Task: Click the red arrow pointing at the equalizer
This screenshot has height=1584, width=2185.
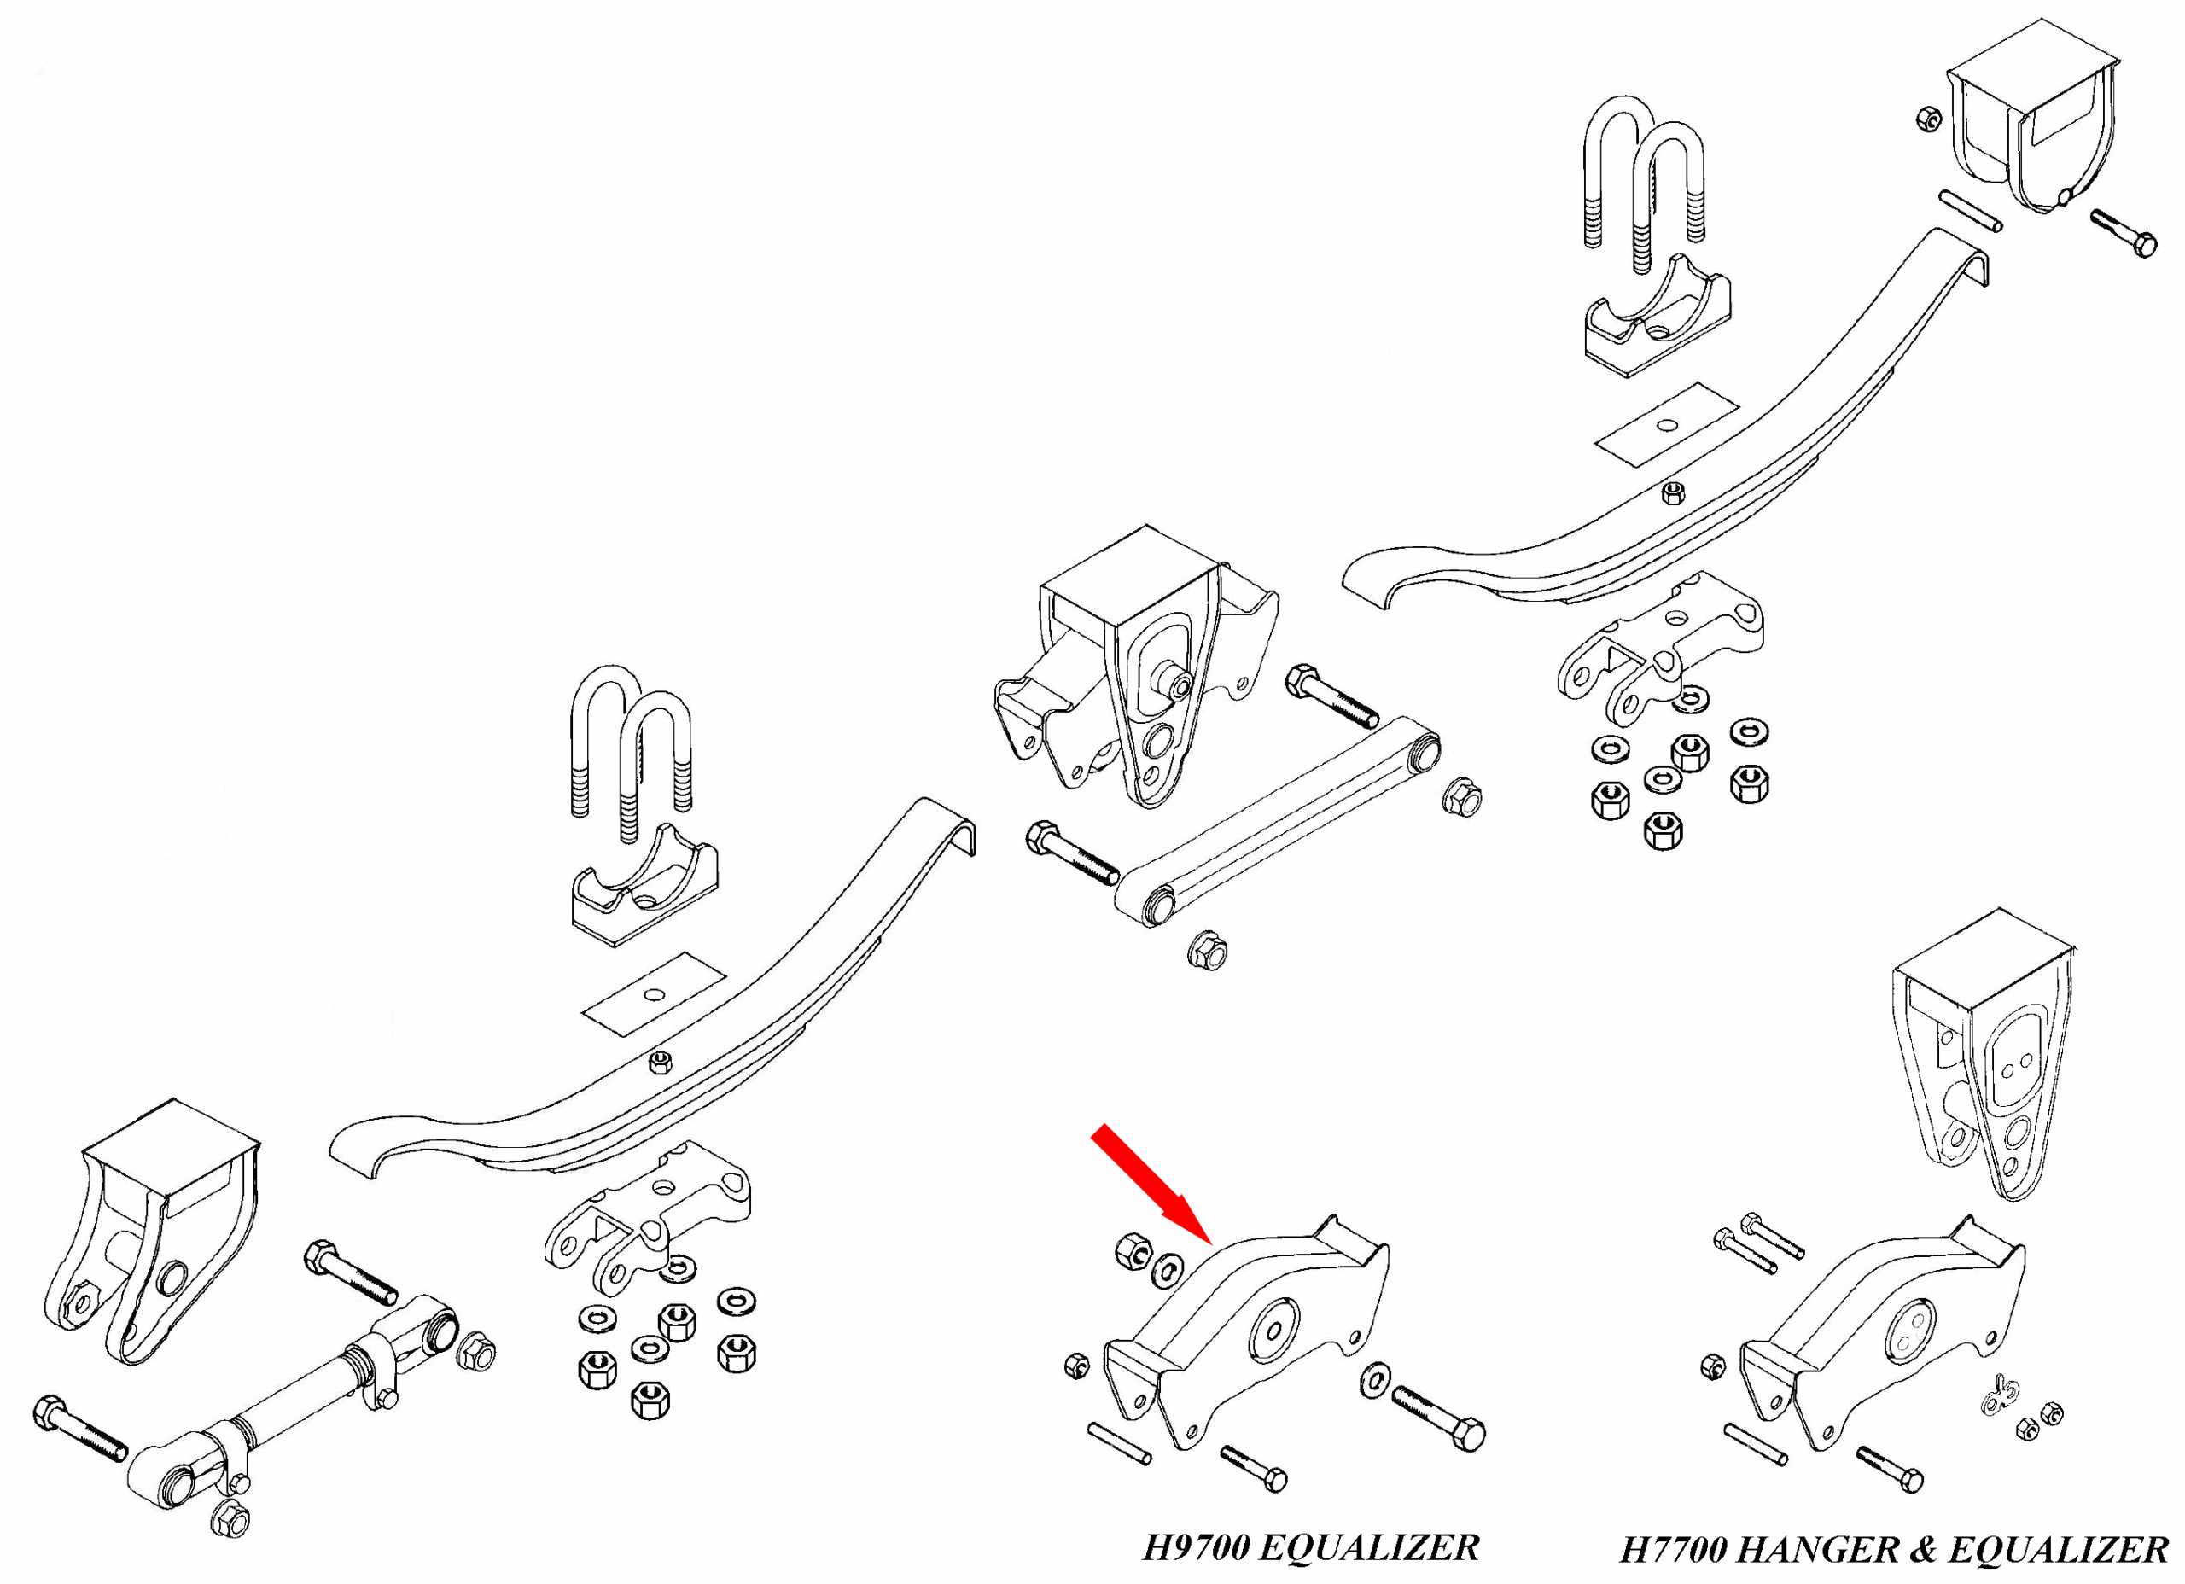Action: pyautogui.click(x=1150, y=1182)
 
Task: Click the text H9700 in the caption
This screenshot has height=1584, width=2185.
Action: pyautogui.click(x=1197, y=1548)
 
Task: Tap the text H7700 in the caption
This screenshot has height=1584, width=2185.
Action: pyautogui.click(x=1675, y=1550)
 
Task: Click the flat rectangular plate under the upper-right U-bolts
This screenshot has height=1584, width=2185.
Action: pyautogui.click(x=1667, y=425)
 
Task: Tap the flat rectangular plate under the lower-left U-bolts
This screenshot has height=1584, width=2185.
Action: pyautogui.click(x=653, y=994)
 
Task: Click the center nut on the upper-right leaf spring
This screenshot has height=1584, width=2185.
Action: pyautogui.click(x=1674, y=492)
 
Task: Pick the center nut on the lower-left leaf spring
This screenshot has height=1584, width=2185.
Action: pyautogui.click(x=660, y=1063)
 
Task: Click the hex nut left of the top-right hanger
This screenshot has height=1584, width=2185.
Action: pyautogui.click(x=1928, y=119)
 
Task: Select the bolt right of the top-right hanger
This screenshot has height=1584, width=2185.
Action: pyautogui.click(x=2124, y=233)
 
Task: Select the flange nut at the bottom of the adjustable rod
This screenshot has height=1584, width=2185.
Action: pyautogui.click(x=230, y=1520)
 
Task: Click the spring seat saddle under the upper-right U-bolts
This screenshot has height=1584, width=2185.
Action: pyautogui.click(x=1657, y=318)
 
